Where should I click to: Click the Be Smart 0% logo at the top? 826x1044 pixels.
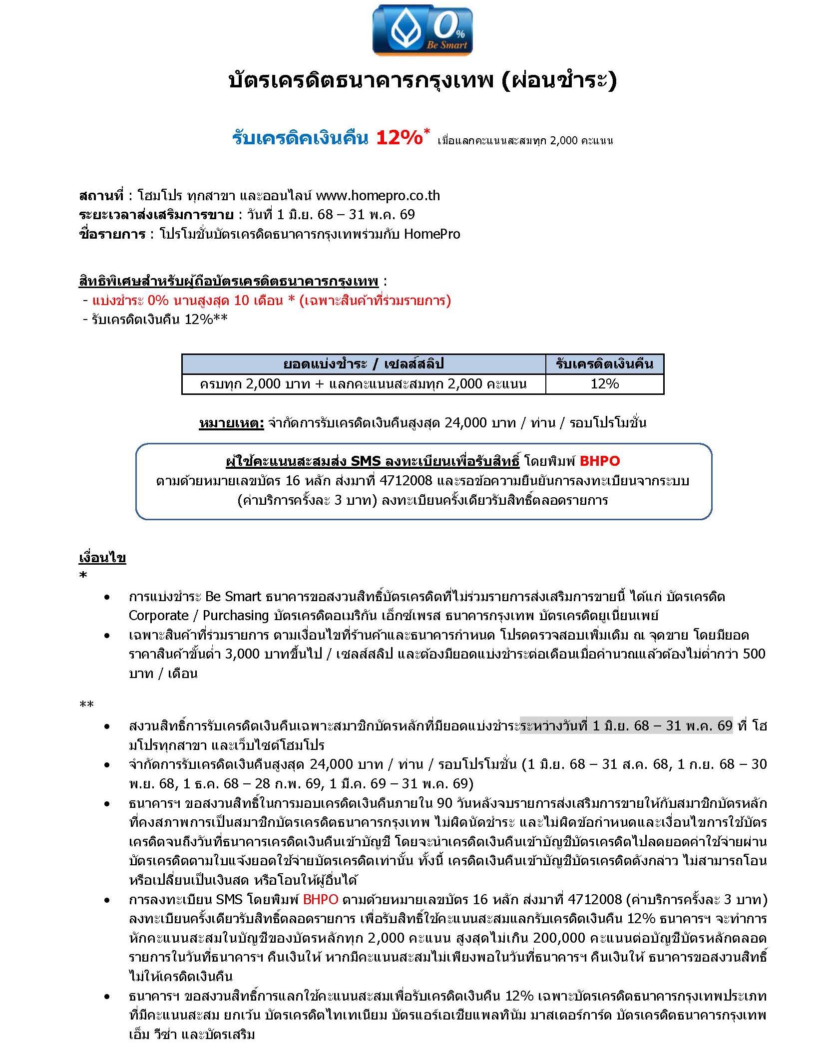coord(422,30)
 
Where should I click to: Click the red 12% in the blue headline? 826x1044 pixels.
coord(400,138)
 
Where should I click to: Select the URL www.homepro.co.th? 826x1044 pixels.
coord(378,195)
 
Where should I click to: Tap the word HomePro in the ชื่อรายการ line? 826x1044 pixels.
coord(432,234)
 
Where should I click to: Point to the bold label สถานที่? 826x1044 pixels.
coord(101,195)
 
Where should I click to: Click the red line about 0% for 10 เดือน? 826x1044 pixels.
coord(271,301)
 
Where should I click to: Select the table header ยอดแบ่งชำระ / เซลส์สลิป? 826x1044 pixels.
coord(363,364)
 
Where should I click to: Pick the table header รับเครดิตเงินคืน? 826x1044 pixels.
coord(604,364)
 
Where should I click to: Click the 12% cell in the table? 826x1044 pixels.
coord(604,384)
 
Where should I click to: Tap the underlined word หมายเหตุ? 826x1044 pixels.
coord(231,423)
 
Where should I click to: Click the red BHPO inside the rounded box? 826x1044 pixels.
coord(600,461)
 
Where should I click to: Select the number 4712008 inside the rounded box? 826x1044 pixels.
coord(406,481)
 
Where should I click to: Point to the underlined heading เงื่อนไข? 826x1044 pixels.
coord(102,558)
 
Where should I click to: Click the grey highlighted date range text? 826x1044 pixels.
coord(626,725)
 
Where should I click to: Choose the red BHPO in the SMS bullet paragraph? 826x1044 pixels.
coord(321,900)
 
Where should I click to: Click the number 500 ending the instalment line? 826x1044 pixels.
coord(754,654)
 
